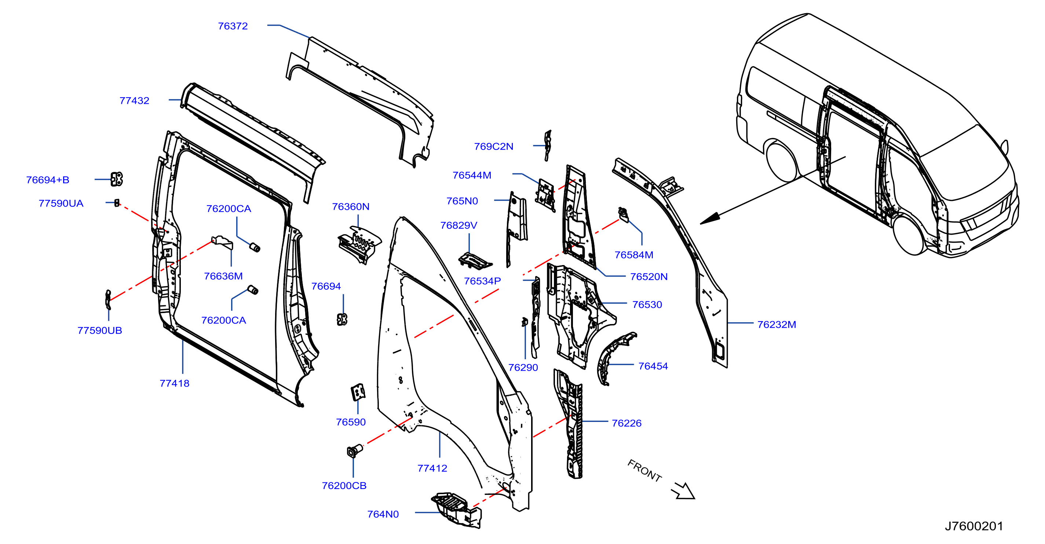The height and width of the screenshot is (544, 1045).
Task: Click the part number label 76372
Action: coord(233,26)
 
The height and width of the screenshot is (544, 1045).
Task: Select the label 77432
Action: coord(134,100)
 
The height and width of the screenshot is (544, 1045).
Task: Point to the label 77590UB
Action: coord(100,330)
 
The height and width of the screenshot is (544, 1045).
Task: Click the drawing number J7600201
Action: coord(973,526)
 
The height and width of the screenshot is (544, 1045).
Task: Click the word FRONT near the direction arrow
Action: coord(644,471)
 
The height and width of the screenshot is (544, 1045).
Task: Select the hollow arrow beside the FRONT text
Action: coord(684,491)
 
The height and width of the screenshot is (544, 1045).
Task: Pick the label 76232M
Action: coord(777,324)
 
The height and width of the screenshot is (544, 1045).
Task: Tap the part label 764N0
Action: coord(383,514)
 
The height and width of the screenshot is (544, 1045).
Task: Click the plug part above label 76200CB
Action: coord(354,451)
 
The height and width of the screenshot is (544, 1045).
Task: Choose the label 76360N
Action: coord(351,207)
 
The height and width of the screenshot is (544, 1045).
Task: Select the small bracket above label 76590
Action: coord(358,392)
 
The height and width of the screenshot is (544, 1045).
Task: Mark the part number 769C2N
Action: coord(494,146)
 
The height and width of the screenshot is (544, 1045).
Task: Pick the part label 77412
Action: coord(432,468)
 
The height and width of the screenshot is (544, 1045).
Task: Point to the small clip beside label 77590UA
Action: coord(117,203)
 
